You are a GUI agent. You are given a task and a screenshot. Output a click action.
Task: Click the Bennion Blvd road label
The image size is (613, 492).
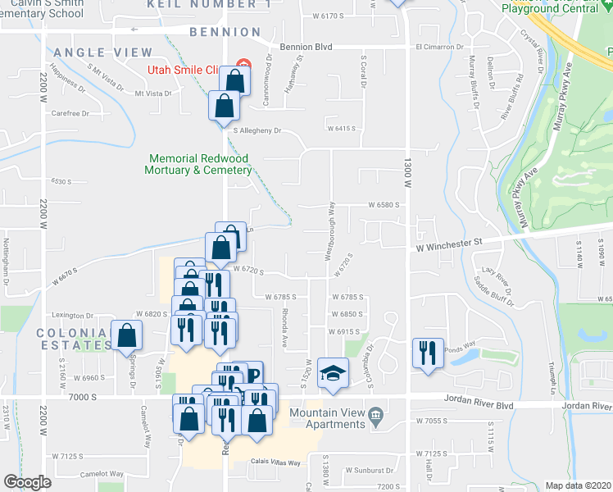(306, 48)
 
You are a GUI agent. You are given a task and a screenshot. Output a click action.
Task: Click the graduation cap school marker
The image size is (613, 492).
(334, 375)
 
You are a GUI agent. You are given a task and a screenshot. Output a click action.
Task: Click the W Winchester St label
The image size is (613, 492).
(448, 244)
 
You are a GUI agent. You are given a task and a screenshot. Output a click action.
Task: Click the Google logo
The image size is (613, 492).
(27, 482)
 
